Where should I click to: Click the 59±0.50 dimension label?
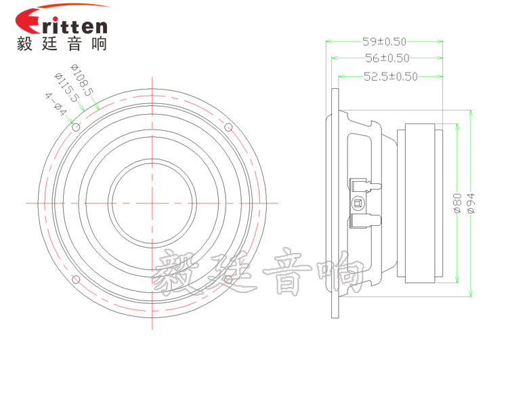pyautogui.click(x=384, y=41)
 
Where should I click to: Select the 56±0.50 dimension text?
pyautogui.click(x=387, y=58)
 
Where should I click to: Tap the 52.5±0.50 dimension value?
pyautogui.click(x=391, y=77)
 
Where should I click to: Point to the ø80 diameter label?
pyautogui.click(x=457, y=203)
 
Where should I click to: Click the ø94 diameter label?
pyautogui.click(x=471, y=203)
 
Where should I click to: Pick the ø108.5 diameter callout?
pyautogui.click(x=82, y=79)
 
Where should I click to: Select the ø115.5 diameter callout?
pyautogui.click(x=66, y=88)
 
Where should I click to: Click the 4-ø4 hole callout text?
pyautogui.click(x=56, y=104)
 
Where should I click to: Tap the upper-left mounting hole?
pyautogui.click(x=76, y=127)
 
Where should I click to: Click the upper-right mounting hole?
pyautogui.click(x=228, y=127)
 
